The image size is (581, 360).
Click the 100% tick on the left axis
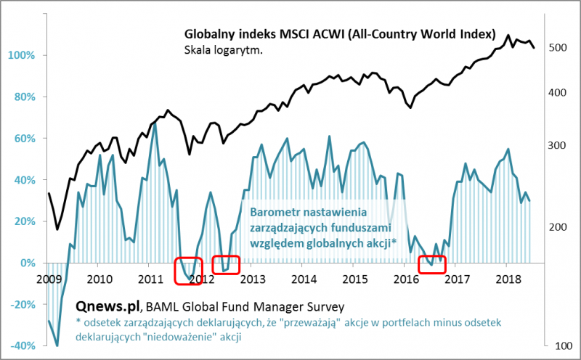tap(20, 56)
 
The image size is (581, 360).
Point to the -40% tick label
tap(20, 346)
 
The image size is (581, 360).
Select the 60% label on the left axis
tap(22, 139)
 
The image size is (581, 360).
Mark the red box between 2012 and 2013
tap(225, 265)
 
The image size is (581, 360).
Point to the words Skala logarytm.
tap(223, 50)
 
